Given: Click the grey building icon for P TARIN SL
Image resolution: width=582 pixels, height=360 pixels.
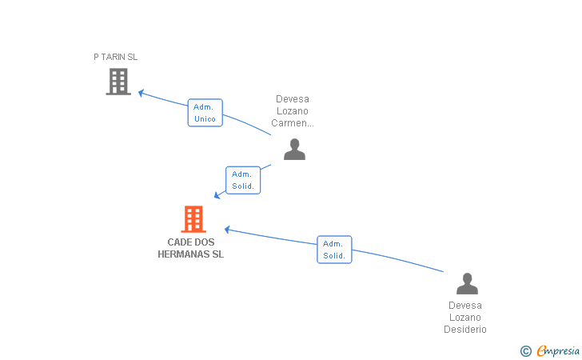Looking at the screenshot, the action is click(118, 82).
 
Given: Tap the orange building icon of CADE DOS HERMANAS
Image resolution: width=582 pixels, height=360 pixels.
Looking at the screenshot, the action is click(193, 219).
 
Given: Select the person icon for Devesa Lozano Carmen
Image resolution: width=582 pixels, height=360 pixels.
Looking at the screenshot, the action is click(294, 150).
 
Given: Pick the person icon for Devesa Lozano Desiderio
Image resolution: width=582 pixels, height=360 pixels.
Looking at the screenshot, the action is click(467, 284).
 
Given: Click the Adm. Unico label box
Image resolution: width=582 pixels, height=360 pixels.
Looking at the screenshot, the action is click(205, 113).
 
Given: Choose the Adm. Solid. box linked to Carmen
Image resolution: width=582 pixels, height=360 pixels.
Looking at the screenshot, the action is click(243, 180).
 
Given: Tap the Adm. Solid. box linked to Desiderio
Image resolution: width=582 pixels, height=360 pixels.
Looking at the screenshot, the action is click(334, 250).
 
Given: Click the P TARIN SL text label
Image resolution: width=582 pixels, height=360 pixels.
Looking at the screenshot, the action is click(115, 57).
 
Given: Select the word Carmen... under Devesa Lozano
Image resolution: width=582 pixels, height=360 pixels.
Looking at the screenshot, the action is click(293, 123).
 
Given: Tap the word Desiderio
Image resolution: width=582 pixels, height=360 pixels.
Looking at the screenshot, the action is click(465, 329).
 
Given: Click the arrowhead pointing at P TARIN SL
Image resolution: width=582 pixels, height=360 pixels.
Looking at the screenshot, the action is click(141, 93).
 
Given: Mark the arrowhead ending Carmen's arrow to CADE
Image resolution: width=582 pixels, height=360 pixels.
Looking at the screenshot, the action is click(217, 195).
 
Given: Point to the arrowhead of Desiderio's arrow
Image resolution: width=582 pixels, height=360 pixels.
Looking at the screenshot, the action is click(228, 230).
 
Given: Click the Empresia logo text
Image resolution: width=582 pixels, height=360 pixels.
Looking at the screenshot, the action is click(558, 350).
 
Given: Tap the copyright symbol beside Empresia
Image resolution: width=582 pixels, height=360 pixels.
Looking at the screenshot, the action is click(526, 351).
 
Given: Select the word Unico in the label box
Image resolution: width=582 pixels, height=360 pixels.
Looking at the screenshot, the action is click(205, 119).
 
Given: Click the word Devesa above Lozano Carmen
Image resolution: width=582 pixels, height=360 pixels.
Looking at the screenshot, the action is click(293, 99).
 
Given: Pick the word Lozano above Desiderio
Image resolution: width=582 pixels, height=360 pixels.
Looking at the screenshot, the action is click(465, 318).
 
